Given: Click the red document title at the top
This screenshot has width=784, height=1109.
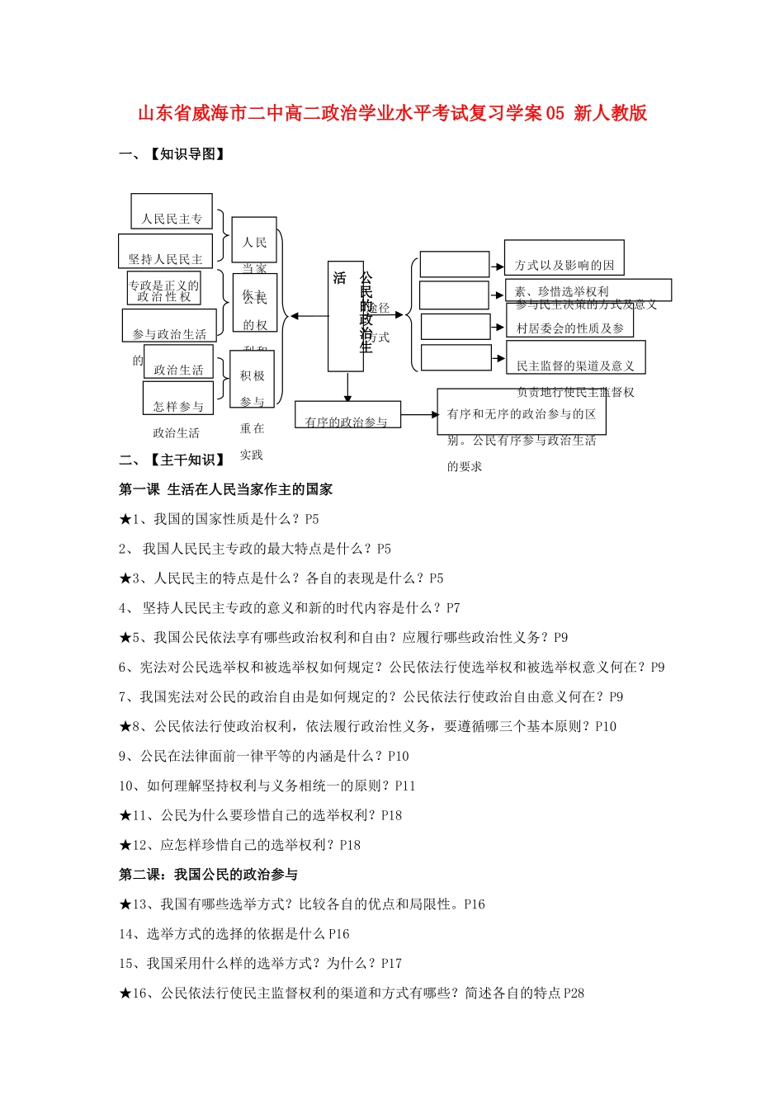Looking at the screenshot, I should (x=392, y=114).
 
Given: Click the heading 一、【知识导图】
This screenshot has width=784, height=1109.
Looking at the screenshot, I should (x=172, y=154).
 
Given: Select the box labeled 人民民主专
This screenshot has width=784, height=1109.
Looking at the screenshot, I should (x=172, y=212).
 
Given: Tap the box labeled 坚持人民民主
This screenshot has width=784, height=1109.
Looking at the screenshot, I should (x=165, y=251).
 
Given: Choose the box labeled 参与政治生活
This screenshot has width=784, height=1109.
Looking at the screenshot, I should (x=169, y=325).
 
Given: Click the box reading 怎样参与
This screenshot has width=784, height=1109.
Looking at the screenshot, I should (x=177, y=398).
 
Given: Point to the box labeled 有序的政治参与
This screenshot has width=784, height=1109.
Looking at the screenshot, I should (x=347, y=415).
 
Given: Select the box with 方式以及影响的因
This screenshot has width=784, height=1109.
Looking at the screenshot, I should (x=564, y=257).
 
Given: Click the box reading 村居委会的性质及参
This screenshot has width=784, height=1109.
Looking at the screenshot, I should (x=569, y=321).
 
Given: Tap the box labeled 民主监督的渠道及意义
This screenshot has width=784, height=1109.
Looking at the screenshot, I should (x=575, y=358).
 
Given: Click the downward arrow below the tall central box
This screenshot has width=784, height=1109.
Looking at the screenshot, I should (x=348, y=387).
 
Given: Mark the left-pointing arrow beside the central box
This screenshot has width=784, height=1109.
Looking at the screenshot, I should (x=307, y=315).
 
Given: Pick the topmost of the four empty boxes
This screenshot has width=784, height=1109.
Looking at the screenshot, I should (x=454, y=265).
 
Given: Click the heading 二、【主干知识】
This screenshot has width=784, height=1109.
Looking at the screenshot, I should (x=172, y=460).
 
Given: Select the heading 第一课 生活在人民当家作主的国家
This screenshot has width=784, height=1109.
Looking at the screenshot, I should (x=226, y=490).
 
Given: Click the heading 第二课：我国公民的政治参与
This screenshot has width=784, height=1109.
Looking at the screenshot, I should (x=208, y=875).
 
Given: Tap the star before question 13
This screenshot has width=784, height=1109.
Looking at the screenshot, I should (x=125, y=904).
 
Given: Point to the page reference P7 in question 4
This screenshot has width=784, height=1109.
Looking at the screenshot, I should (x=453, y=608).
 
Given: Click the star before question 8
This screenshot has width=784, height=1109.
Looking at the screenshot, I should (x=125, y=727).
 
